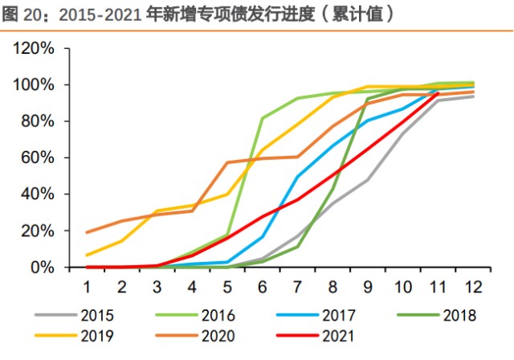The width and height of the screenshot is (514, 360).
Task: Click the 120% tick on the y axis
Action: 34,48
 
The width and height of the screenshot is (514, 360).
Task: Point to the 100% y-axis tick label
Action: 34,85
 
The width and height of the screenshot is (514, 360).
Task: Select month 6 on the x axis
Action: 262,286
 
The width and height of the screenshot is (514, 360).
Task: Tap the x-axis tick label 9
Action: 367,286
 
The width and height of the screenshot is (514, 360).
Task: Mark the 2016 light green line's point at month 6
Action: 262,118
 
